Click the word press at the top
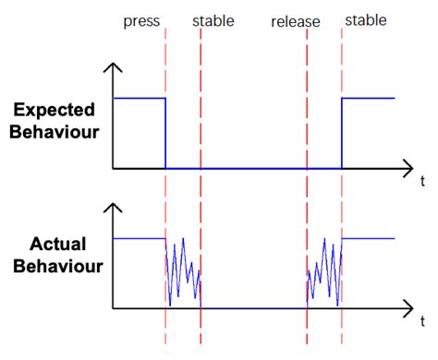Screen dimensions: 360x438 pyautogui.click(x=140, y=20)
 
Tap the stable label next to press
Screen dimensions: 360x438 pyautogui.click(x=213, y=20)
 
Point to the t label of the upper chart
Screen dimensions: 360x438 pyautogui.click(x=421, y=182)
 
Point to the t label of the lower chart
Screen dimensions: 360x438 pyautogui.click(x=421, y=322)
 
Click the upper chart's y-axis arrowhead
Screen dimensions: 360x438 pyautogui.click(x=113, y=67)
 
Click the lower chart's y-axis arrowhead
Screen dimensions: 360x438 pyautogui.click(x=113, y=208)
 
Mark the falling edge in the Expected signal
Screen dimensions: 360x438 pyautogui.click(x=165, y=133)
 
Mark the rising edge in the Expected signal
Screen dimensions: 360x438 pyautogui.click(x=342, y=133)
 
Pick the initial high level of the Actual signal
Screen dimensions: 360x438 pyautogui.click(x=139, y=238)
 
